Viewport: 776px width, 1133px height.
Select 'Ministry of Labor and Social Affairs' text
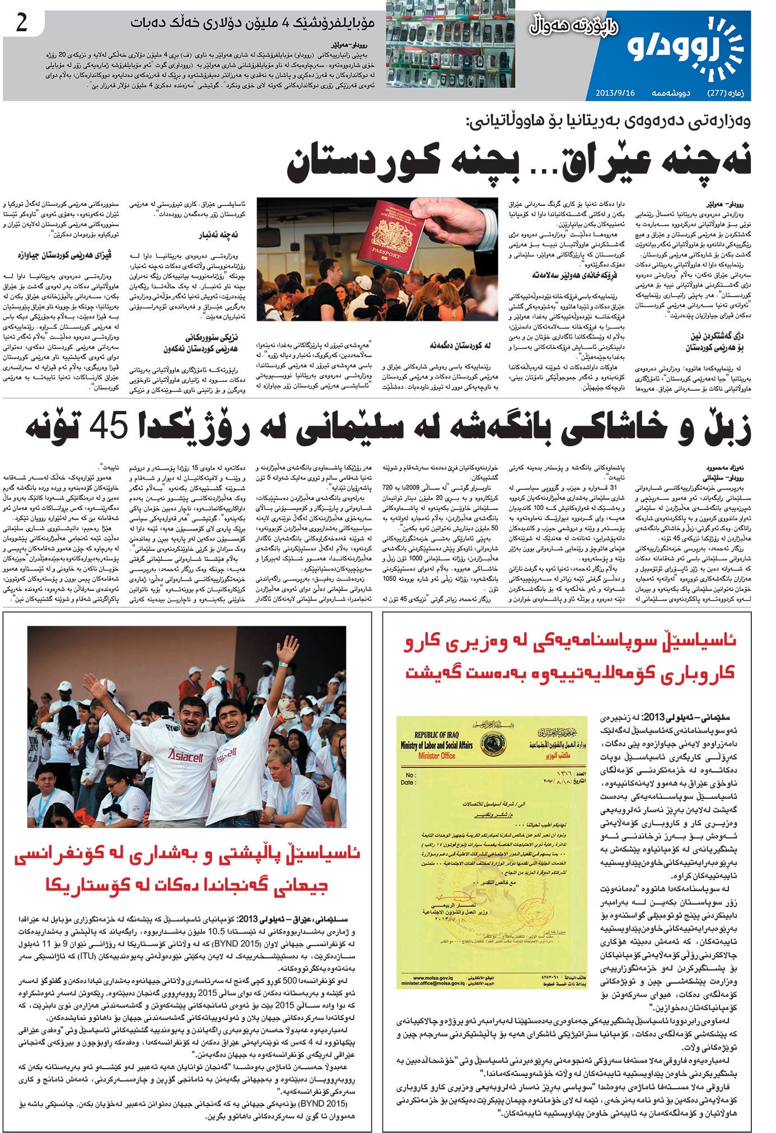[437, 745]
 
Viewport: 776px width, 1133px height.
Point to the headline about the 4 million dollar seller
[252, 24]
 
